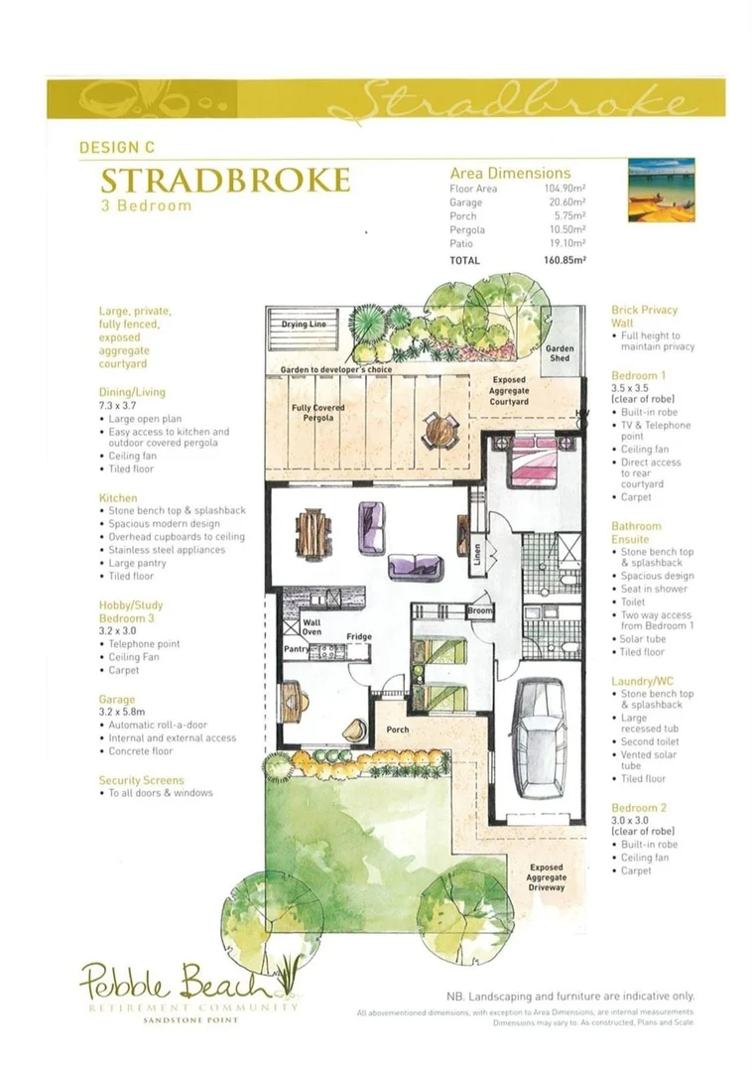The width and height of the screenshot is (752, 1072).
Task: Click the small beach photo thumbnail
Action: pos(662,190)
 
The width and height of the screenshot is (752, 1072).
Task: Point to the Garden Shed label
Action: pos(561,355)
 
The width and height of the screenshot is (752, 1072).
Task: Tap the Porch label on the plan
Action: pos(397,730)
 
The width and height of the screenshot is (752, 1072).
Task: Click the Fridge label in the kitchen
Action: pos(358,636)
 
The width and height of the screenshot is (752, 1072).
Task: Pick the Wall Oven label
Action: pos(312,627)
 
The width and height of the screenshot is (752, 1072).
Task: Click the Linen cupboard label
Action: pos(478,554)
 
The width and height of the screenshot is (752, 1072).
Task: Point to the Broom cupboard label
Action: pos(480,611)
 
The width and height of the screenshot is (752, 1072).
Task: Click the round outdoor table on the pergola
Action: pos(437,429)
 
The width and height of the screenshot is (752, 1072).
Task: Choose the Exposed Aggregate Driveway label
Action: pos(547,877)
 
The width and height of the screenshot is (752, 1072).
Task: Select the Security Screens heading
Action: pos(142,780)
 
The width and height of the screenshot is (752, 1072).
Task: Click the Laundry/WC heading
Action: pos(644,681)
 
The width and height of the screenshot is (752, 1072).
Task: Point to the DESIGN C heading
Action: pos(116,147)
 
